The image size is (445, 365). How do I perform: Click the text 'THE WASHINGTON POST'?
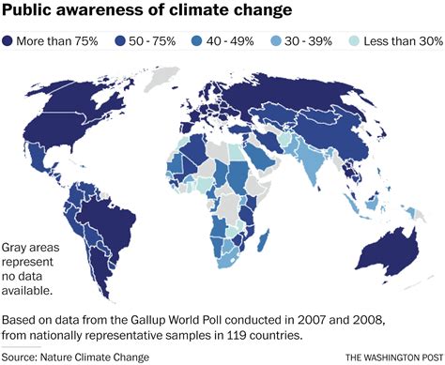tap(391, 357)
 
